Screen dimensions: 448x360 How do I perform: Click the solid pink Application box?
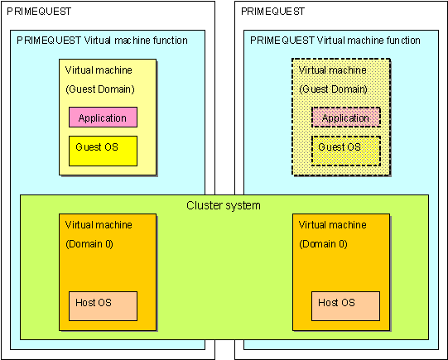pos(103,117)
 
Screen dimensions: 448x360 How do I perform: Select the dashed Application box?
pos(345,117)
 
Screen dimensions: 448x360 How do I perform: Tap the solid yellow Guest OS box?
pos(103,151)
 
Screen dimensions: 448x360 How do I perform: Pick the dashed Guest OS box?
pos(345,151)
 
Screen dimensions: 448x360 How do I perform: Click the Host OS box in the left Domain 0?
pos(103,306)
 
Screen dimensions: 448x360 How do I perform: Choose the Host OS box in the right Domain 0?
pos(345,306)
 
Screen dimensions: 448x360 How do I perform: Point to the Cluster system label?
pos(224,205)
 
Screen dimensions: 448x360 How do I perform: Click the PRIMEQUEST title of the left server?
pos(39,12)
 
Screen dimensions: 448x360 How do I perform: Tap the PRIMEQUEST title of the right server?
pos(272,12)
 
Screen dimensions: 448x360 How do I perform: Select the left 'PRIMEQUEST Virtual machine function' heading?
pos(102,41)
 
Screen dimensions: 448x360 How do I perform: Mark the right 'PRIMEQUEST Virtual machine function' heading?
pos(335,41)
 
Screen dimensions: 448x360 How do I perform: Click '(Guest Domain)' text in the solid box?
pos(100,89)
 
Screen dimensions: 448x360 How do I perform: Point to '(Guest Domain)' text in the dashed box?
pos(333,89)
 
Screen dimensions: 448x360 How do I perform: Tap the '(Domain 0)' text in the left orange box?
pos(89,244)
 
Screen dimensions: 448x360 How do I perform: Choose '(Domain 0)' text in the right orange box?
pos(323,244)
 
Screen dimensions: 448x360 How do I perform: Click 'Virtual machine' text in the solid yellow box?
pos(99,70)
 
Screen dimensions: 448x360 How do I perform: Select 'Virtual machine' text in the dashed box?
pos(332,70)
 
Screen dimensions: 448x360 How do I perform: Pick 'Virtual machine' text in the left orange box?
pos(99,225)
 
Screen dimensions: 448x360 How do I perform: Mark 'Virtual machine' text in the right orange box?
pos(332,225)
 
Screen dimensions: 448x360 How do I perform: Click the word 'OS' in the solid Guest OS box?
pos(112,147)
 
